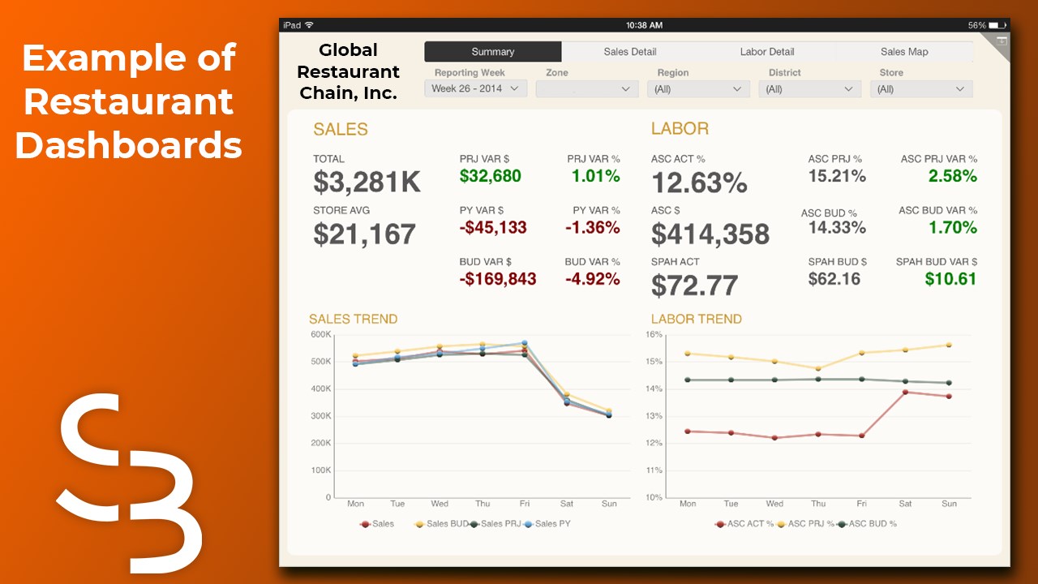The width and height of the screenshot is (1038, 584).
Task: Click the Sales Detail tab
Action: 630,52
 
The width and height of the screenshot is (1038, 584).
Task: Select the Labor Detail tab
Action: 767,52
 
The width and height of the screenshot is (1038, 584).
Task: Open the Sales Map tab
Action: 904,52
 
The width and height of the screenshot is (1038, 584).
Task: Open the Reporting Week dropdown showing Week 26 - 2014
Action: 476,88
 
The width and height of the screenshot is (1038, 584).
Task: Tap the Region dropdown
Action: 698,89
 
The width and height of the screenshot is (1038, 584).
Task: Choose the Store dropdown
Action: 921,89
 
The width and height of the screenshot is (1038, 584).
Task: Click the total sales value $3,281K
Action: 367,182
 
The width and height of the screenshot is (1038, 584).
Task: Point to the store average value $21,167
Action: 365,234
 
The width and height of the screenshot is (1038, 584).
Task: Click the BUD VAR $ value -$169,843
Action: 498,279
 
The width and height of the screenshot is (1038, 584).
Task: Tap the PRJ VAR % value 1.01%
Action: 595,176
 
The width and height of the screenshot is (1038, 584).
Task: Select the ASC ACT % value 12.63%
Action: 699,182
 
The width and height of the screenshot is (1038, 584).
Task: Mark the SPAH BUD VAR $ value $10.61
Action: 950,279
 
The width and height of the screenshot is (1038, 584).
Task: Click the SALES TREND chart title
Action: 354,319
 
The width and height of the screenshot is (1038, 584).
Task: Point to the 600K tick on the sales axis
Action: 321,334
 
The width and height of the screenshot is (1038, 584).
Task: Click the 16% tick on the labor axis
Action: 654,334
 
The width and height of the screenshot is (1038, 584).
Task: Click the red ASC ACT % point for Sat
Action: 905,392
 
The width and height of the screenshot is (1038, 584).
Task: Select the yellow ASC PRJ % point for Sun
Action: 949,345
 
